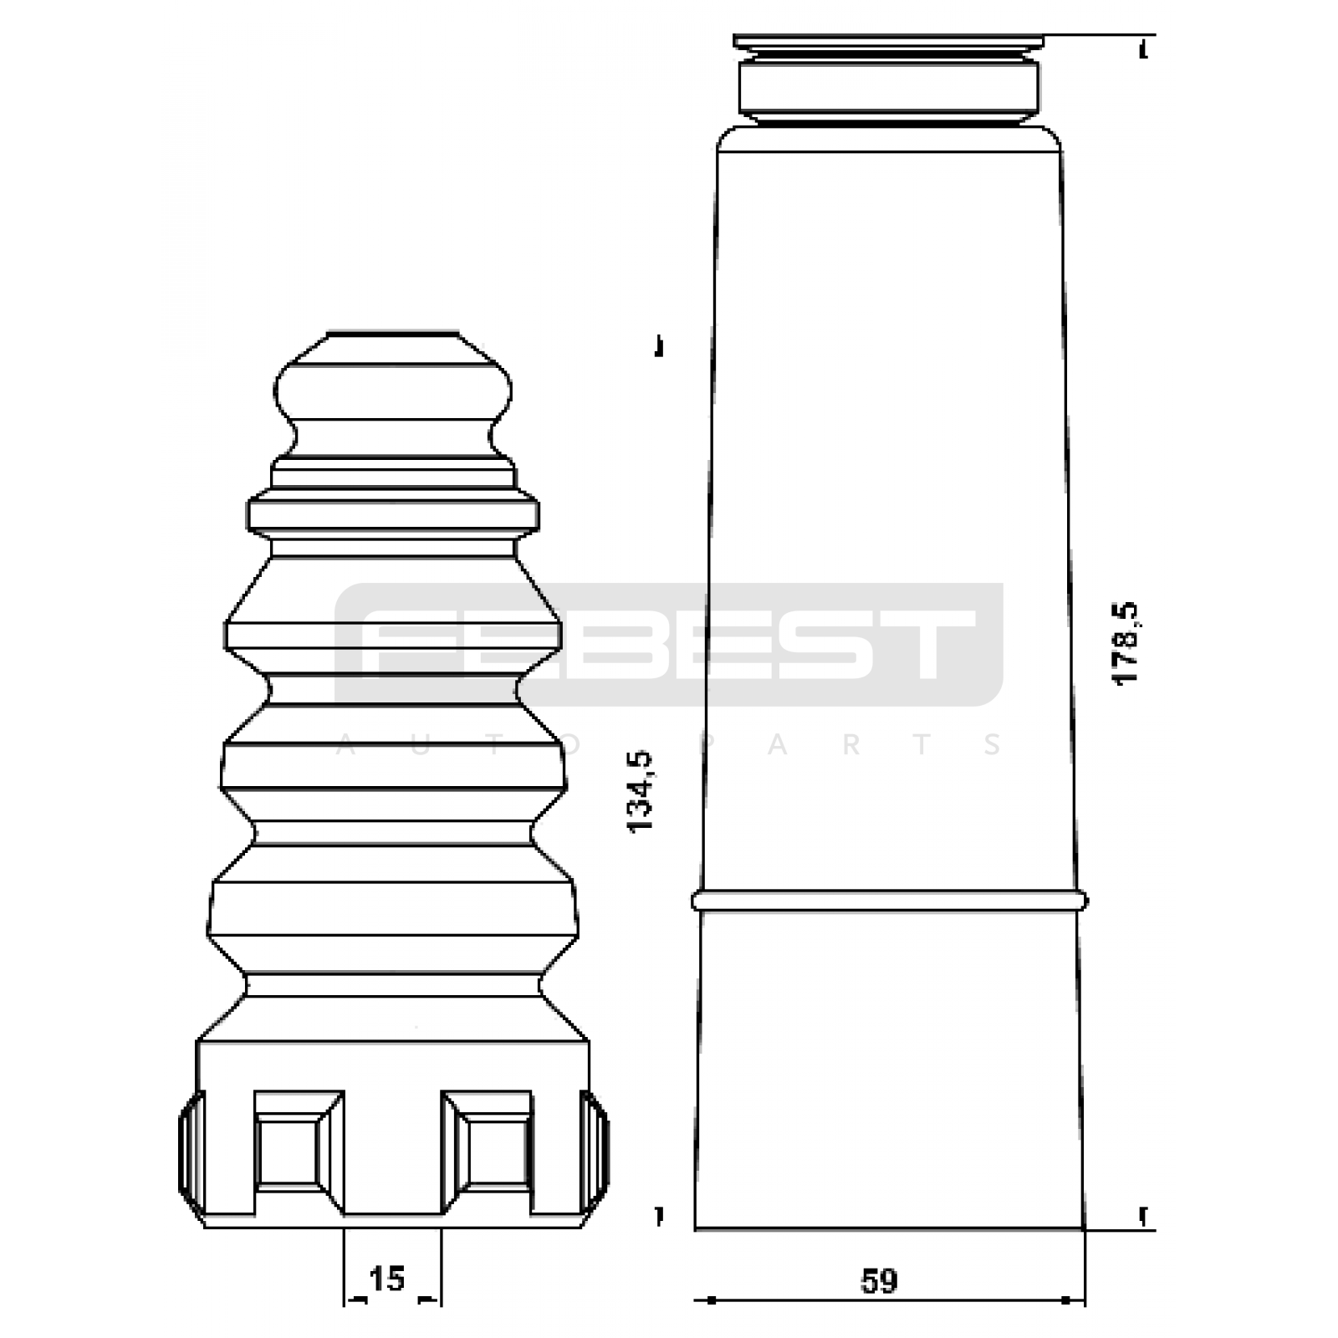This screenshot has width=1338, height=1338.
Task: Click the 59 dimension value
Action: (x=879, y=1281)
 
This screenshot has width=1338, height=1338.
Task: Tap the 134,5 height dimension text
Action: (x=641, y=791)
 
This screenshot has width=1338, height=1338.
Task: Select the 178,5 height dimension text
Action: (x=1126, y=644)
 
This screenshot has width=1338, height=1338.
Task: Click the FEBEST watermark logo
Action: (x=668, y=645)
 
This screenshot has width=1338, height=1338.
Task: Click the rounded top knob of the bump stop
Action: (x=393, y=393)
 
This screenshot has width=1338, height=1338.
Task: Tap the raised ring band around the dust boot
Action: (x=890, y=901)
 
